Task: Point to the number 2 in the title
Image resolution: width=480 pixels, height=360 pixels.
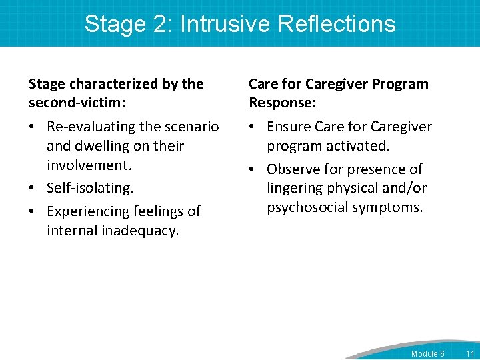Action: coord(163,24)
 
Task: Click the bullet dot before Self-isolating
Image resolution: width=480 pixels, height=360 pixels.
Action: coord(32,189)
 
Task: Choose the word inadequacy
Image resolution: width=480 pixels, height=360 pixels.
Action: coord(140,231)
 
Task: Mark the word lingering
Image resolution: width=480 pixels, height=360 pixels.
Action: coord(294,189)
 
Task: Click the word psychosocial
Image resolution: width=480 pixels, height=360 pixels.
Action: coord(307,208)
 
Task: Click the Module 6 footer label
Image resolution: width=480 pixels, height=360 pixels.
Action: coord(427,353)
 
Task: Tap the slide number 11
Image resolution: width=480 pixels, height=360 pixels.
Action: coord(470,353)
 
